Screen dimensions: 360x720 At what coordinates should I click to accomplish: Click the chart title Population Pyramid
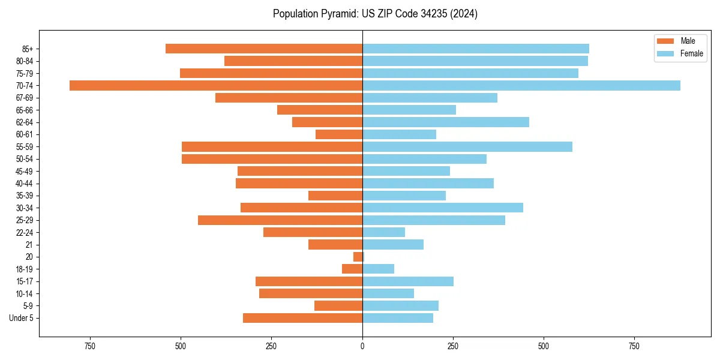click(x=375, y=14)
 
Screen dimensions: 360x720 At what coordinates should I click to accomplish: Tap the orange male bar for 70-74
click(x=216, y=85)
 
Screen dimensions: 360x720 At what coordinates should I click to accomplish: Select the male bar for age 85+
click(x=264, y=49)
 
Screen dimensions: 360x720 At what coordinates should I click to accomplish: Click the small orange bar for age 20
click(x=358, y=257)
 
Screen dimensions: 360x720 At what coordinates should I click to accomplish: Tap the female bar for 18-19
click(x=378, y=269)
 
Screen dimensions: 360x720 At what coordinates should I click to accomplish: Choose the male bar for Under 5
click(x=302, y=318)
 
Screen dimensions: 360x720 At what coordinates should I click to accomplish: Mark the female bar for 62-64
click(x=445, y=122)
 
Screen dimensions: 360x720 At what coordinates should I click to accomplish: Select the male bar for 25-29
click(x=280, y=220)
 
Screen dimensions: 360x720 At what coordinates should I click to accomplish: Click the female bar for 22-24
click(x=383, y=232)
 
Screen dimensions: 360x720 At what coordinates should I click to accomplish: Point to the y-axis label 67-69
click(x=25, y=98)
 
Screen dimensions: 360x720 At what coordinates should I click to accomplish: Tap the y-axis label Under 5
click(x=22, y=318)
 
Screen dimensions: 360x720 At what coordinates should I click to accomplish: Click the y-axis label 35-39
click(x=25, y=196)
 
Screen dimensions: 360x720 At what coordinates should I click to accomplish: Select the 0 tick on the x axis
click(x=362, y=346)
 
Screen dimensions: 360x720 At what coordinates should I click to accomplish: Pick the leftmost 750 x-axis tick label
click(x=90, y=346)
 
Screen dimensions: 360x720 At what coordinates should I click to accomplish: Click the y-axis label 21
click(x=29, y=245)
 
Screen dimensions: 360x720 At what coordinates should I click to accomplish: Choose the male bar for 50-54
click(x=272, y=159)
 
